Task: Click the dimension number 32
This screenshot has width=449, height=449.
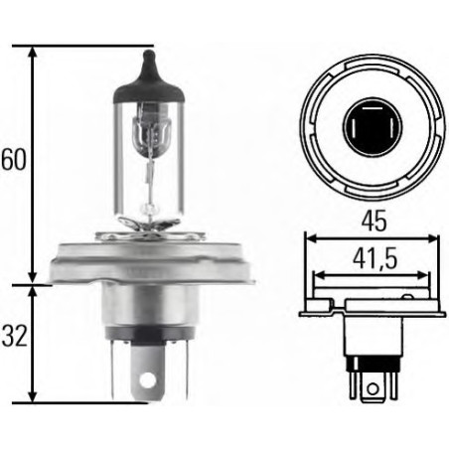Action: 14,336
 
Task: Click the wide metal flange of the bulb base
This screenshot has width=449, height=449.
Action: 149,260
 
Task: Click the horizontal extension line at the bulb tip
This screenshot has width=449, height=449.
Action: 89,45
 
